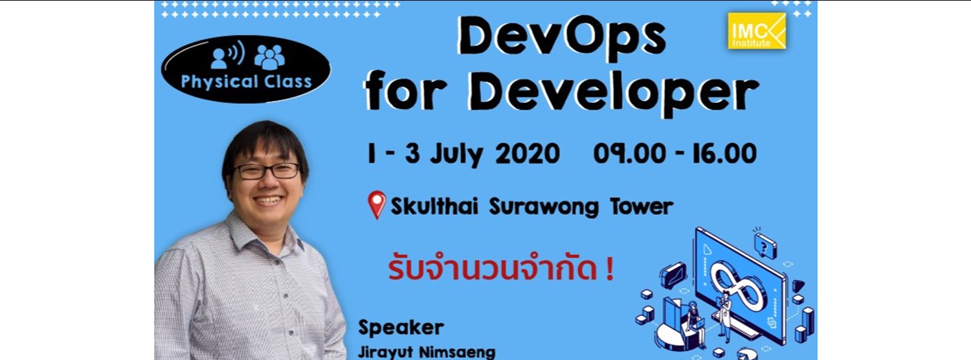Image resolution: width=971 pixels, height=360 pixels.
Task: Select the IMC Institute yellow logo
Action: click(757, 31)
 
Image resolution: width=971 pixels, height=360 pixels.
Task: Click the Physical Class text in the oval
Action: click(246, 82)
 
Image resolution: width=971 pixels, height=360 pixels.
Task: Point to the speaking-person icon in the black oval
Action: click(227, 57)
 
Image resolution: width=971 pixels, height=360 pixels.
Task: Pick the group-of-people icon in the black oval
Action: click(269, 57)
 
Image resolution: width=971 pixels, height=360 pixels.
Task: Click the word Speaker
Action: click(401, 327)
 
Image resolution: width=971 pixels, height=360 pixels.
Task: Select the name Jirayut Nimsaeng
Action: click(427, 352)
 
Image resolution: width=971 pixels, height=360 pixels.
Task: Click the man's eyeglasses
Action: click(266, 171)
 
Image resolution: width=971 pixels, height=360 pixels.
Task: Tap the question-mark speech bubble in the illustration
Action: click(765, 244)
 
